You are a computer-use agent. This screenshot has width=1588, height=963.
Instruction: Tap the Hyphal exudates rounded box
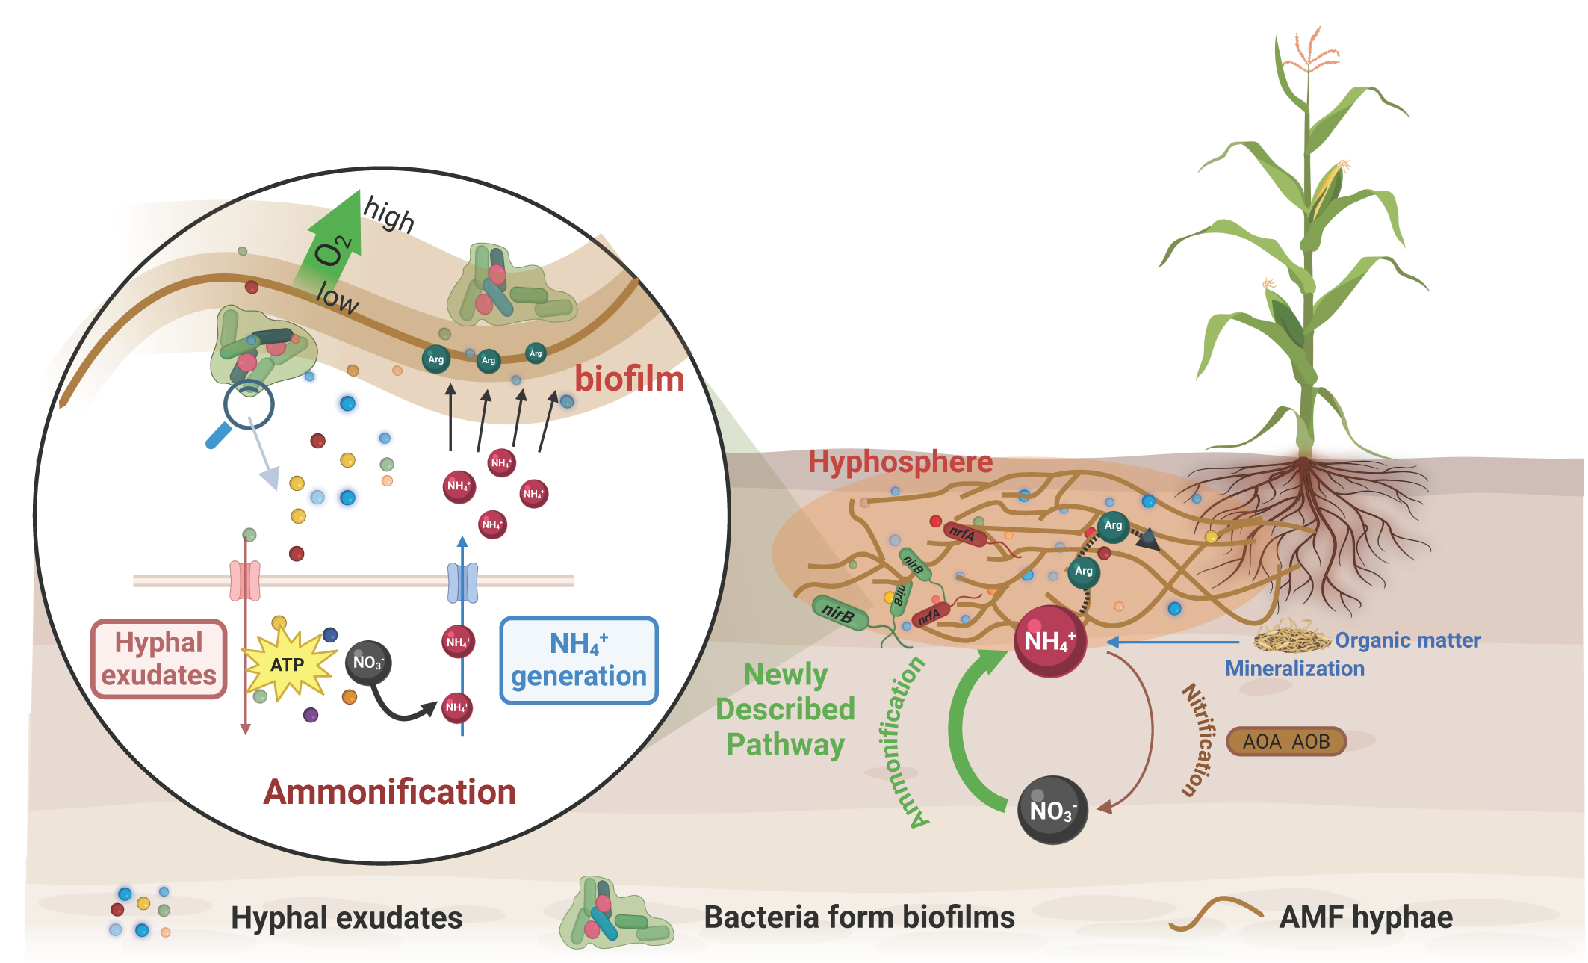158,659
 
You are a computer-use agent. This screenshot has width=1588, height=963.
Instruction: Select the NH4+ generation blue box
579,660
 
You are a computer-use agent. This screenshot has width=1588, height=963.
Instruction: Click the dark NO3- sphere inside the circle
368,663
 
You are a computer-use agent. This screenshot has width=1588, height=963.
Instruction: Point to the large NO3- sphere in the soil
1052,811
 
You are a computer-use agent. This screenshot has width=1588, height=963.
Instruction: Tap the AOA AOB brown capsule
1286,742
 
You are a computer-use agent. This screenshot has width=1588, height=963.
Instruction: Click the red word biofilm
629,379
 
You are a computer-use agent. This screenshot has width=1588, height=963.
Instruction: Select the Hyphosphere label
900,462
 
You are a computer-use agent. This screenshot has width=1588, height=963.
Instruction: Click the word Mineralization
1294,669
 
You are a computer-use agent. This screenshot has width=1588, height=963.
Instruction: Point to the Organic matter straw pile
1291,637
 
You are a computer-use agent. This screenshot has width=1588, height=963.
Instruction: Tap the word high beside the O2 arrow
388,214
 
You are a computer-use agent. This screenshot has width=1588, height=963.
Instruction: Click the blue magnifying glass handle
218,436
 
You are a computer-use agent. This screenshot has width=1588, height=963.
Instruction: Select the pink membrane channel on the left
245,581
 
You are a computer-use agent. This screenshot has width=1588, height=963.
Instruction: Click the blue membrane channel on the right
462,583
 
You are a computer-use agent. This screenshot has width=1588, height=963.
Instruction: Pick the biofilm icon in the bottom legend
614,914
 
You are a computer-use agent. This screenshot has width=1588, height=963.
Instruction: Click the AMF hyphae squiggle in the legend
1215,914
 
